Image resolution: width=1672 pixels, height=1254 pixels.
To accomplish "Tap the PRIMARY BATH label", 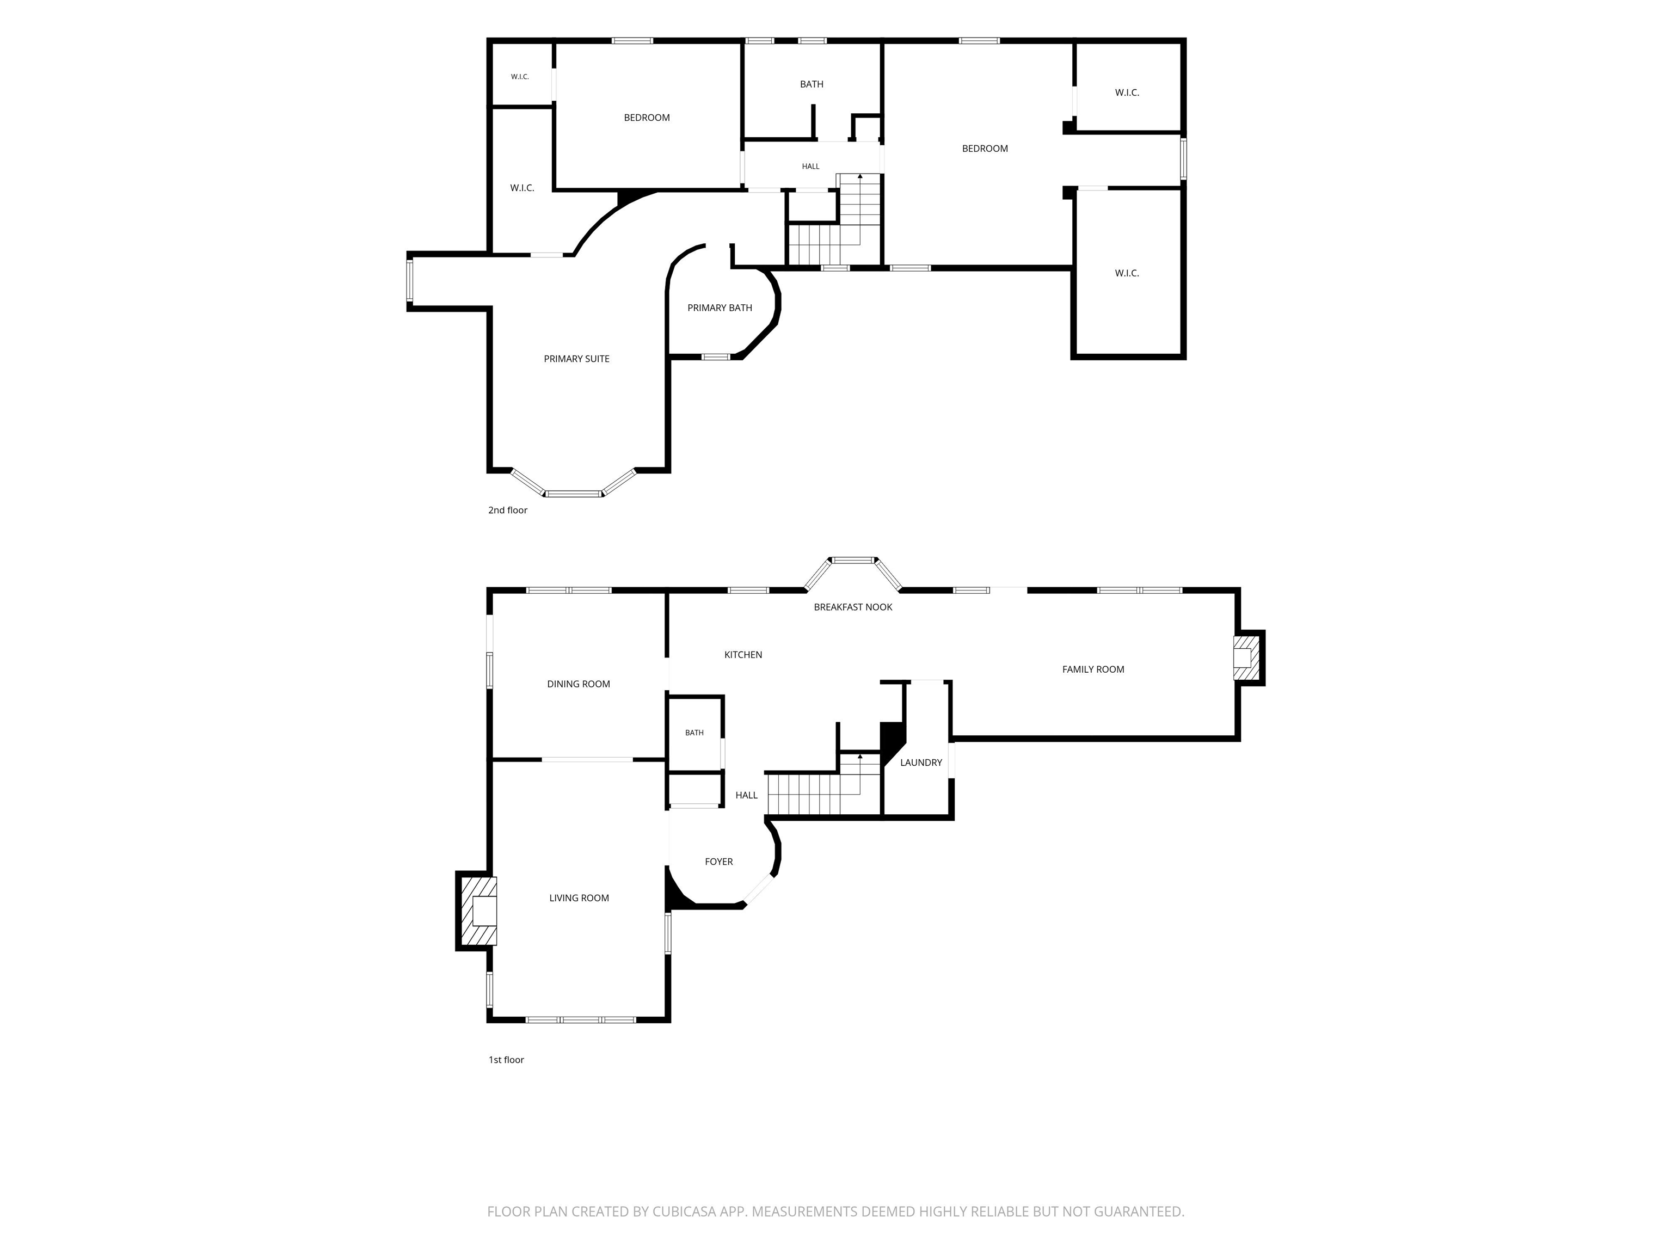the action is click(720, 308).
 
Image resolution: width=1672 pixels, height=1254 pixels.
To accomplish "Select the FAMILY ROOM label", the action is click(1093, 669).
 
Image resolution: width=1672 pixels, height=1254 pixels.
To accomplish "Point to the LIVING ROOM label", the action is click(579, 898).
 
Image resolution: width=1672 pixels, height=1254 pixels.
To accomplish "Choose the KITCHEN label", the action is click(743, 655).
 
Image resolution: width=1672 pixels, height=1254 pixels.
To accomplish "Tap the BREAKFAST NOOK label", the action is click(853, 607).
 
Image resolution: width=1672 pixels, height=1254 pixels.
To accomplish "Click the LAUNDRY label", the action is click(921, 763).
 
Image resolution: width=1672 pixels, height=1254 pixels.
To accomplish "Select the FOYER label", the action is click(719, 862).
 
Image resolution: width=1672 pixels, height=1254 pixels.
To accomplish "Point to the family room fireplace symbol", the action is click(1248, 657).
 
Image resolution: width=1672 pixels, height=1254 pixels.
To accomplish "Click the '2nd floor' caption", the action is click(507, 510).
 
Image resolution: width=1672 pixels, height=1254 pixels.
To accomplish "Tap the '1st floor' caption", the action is click(506, 1060).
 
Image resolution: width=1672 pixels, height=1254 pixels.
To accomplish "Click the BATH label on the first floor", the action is click(694, 733).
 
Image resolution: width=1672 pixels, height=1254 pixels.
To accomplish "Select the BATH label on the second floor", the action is click(812, 84).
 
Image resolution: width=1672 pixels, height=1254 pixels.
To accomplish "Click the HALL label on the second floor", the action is click(810, 167).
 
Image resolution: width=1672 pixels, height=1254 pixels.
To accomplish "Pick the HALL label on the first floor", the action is click(746, 795).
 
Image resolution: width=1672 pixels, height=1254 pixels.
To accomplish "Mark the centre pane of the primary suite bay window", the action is click(574, 494).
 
